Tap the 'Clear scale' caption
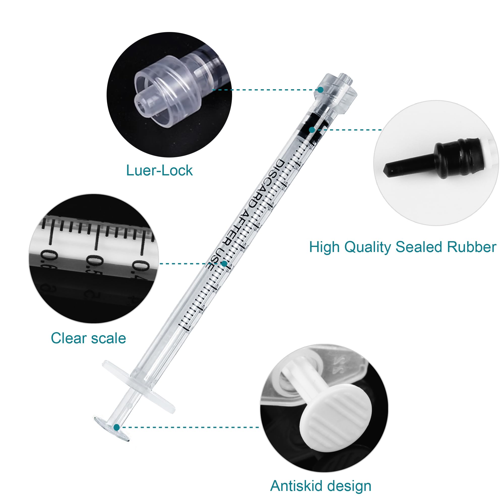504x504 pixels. click(88, 338)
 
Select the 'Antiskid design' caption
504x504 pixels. click(321, 486)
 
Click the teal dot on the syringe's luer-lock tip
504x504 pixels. click(321, 90)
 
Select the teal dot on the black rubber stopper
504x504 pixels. click(312, 130)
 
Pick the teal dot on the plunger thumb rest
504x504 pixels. click(117, 427)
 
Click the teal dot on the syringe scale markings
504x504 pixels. click(224, 264)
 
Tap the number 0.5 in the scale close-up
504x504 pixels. click(94, 265)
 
